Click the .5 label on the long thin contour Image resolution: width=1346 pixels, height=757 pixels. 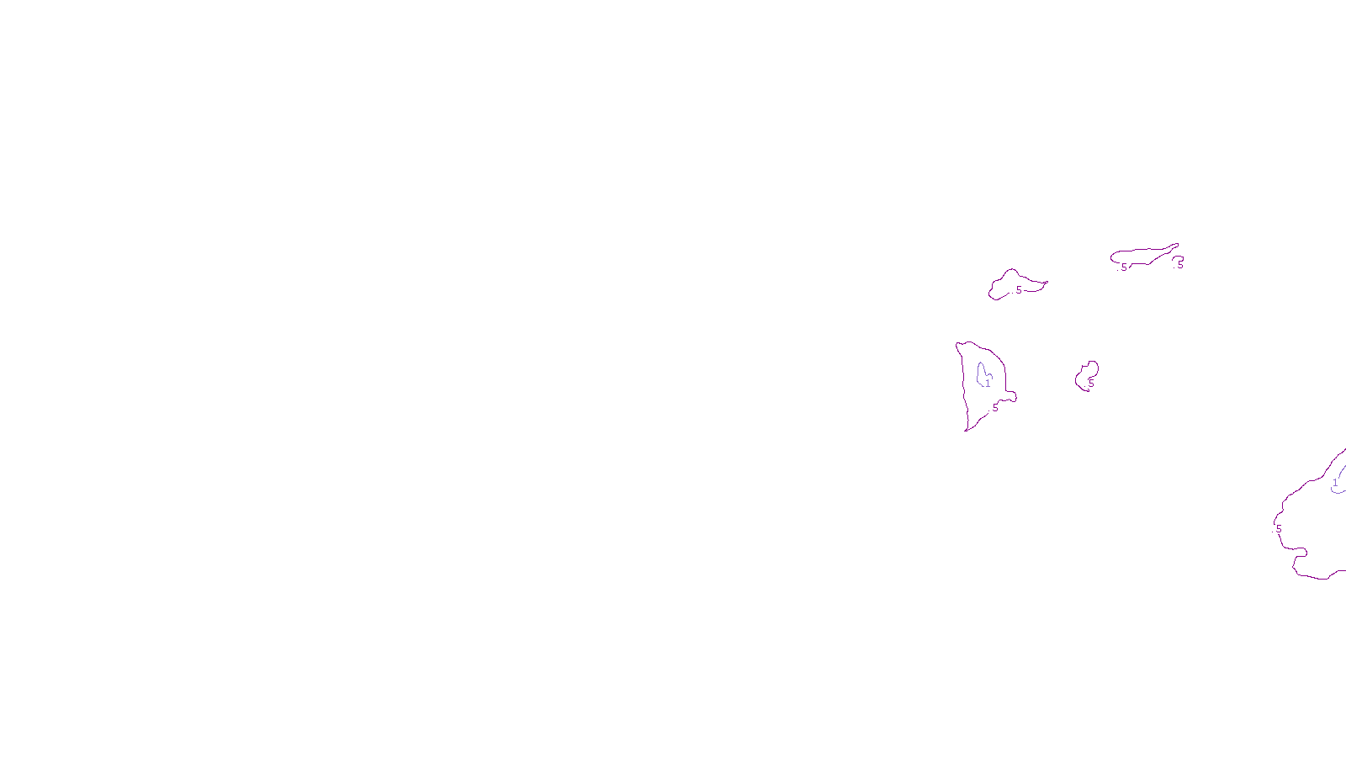point(1123,267)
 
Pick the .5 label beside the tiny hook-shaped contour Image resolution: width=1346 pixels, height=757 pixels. point(1179,265)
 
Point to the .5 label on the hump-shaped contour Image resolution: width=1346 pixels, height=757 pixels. point(1018,290)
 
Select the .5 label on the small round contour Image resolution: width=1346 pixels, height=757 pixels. point(1090,383)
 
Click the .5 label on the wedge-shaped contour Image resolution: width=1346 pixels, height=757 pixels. point(994,408)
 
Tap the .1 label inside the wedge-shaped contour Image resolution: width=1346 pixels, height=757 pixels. point(987,384)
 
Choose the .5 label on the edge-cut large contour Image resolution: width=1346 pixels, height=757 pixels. point(1278,529)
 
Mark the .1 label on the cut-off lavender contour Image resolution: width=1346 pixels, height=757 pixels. point(1334,484)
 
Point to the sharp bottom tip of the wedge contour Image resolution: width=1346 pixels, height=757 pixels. point(966,431)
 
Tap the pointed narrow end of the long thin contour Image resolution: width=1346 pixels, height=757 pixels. point(1177,245)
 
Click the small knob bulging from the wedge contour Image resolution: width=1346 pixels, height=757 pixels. point(1012,396)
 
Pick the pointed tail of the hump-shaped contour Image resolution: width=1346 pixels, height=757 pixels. point(1046,283)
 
